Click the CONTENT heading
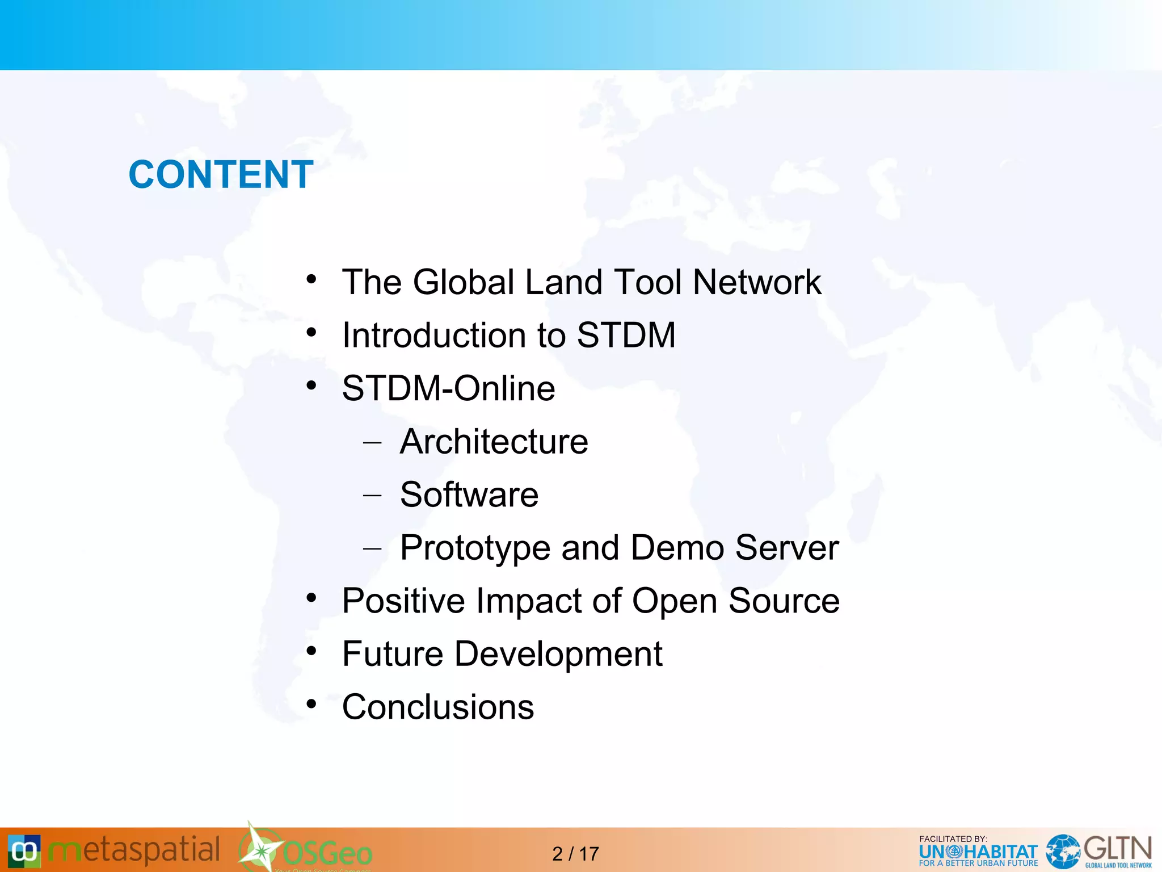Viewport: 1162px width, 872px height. tap(221, 174)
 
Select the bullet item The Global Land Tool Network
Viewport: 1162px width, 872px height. tap(581, 282)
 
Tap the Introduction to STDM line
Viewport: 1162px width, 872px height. tap(508, 335)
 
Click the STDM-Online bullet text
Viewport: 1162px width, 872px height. tap(448, 388)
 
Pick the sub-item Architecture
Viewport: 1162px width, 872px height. tap(494, 442)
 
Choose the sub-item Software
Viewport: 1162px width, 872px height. tap(469, 494)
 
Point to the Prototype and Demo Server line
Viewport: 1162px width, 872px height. tap(618, 548)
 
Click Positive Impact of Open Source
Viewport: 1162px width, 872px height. tap(590, 601)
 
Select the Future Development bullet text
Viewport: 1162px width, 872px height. tap(502, 654)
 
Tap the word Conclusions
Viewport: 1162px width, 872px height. tap(437, 707)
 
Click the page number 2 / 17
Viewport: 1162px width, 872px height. tap(575, 854)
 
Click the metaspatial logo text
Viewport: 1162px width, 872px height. tap(134, 850)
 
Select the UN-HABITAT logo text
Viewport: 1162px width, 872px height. tap(978, 852)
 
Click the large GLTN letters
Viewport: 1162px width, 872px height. tap(1117, 849)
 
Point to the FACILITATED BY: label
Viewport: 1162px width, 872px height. tap(953, 839)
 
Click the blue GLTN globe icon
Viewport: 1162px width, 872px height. tap(1063, 852)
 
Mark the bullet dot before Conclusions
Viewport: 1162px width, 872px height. tap(311, 705)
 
